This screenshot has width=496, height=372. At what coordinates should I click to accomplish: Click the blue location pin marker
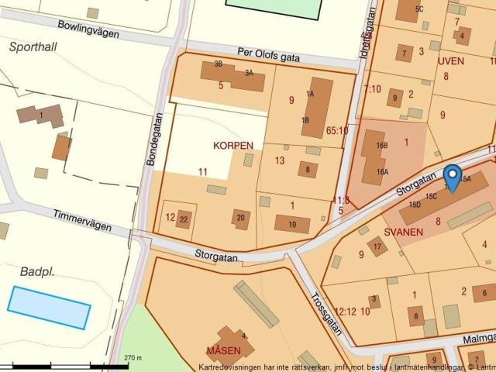tap(452, 177)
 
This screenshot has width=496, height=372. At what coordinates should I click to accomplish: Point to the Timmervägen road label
tap(81, 220)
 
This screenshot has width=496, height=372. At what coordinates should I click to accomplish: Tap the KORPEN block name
tap(233, 145)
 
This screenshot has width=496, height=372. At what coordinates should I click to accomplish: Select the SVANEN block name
tap(403, 232)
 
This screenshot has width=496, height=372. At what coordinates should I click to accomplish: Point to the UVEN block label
tap(450, 60)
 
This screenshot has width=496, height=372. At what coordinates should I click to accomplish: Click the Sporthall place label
tap(33, 46)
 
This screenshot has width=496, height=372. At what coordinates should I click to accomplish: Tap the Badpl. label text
tap(41, 271)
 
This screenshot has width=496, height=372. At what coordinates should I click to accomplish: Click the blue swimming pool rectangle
tap(49, 307)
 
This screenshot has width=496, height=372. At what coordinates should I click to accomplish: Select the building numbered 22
tap(184, 219)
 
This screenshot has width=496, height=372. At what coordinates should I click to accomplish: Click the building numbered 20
tap(241, 219)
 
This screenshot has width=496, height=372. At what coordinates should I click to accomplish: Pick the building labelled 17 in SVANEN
tap(377, 247)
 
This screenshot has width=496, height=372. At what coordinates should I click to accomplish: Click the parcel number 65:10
tap(337, 131)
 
